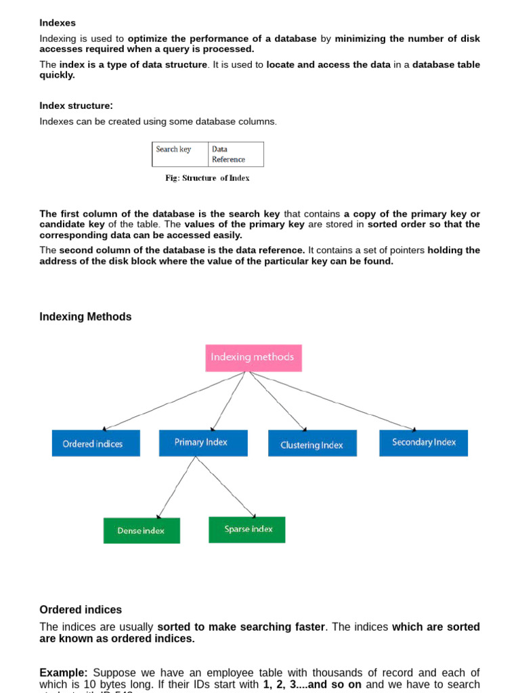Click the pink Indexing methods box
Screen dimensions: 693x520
(253, 357)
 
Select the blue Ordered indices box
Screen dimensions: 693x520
(95, 443)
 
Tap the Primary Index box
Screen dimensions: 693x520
(202, 442)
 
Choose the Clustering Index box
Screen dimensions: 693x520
(312, 444)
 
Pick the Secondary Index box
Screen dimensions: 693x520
(423, 442)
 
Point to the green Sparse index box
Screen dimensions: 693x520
(246, 529)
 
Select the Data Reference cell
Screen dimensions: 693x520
(235, 154)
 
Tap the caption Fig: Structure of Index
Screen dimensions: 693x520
(207, 178)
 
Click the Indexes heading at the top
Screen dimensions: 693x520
(58, 23)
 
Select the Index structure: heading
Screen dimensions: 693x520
(76, 106)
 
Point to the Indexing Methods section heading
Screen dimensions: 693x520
(85, 317)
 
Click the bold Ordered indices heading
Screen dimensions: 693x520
(81, 610)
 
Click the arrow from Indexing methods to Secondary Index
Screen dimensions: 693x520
(332, 401)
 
